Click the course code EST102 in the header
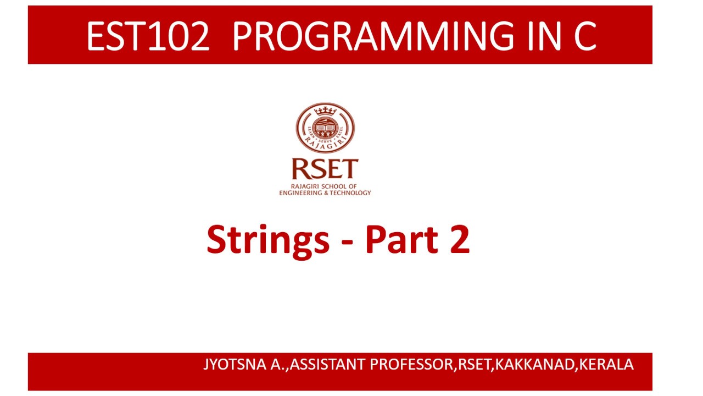tap(148, 37)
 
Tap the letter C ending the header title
tap(583, 37)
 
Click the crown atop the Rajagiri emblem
tap(325, 112)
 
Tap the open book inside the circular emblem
tap(325, 130)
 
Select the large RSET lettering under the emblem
tap(325, 169)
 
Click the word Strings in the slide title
tap(267, 240)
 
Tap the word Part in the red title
tap(402, 240)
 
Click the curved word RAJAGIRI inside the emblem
tap(325, 144)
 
